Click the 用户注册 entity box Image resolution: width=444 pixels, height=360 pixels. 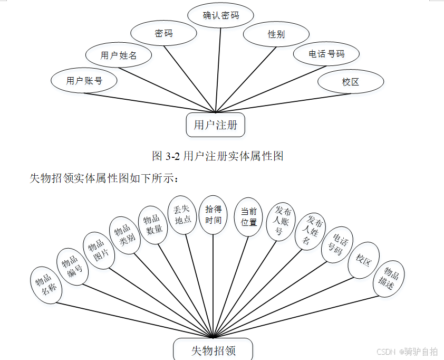216,125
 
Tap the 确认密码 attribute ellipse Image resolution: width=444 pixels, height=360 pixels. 221,15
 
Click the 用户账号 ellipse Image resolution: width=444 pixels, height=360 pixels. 84,80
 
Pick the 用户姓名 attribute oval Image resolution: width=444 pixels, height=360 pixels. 119,54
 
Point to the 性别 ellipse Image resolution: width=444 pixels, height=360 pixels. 276,34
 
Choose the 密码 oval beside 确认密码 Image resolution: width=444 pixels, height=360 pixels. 163,33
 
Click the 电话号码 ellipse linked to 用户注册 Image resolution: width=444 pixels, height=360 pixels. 326,53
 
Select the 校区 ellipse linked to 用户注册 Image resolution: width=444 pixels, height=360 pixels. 351,82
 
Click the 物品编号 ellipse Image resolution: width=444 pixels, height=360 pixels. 72,267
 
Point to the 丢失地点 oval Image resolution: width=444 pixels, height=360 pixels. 182,213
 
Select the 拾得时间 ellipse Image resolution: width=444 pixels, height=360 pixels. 213,214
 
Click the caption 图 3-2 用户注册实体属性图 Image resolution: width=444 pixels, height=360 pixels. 218,156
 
